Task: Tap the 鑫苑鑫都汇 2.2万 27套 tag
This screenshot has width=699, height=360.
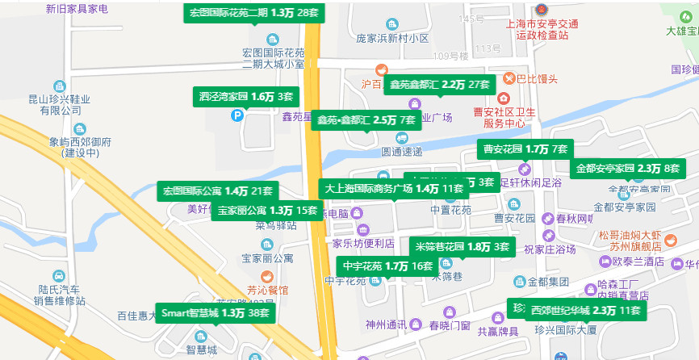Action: point(440,84)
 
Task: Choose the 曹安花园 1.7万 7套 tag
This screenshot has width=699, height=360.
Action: point(525,149)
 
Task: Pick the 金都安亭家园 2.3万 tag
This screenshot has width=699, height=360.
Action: point(628,169)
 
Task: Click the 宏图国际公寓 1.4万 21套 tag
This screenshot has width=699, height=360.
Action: point(218,191)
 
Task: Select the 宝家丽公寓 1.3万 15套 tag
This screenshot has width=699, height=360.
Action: point(266,211)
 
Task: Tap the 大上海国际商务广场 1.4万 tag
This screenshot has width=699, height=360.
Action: point(394,188)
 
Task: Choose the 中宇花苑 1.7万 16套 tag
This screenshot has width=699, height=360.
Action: point(387,266)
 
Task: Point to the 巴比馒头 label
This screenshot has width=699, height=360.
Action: point(537,78)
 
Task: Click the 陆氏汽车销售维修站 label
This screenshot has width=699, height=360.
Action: point(59,295)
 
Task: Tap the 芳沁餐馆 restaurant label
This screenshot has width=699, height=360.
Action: point(266,288)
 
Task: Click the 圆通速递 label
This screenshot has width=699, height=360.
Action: point(402,151)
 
